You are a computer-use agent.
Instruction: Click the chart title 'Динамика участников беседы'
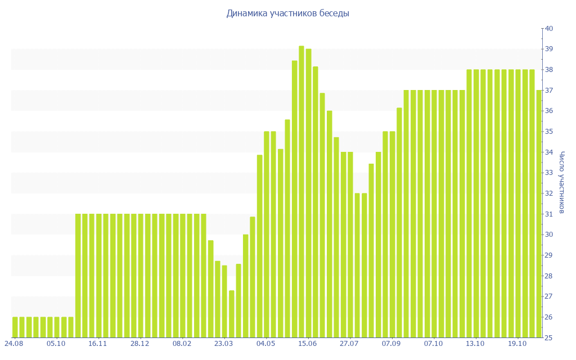[x=287, y=13]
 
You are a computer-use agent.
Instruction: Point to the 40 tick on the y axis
[x=549, y=29]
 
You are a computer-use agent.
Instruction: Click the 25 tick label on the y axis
[x=549, y=338]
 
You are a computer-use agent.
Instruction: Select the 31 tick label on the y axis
[x=549, y=214]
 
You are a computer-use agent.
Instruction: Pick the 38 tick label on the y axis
[x=549, y=70]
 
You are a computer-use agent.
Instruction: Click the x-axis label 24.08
[x=14, y=343]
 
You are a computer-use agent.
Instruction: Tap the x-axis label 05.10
[x=56, y=343]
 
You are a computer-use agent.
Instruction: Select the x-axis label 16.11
[x=98, y=343]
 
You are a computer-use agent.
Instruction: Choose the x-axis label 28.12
[x=140, y=343]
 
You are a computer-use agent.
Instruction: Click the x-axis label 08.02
[x=182, y=343]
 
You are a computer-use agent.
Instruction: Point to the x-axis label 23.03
[x=224, y=343]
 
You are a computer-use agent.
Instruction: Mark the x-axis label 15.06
[x=308, y=343]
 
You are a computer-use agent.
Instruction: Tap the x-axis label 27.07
[x=349, y=343]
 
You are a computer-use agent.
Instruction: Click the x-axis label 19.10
[x=517, y=343]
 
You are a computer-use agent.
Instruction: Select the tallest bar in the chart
[x=301, y=191]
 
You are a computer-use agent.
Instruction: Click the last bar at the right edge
[x=539, y=214]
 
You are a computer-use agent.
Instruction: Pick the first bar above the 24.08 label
[x=15, y=327]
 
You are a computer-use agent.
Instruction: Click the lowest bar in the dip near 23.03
[x=232, y=314]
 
